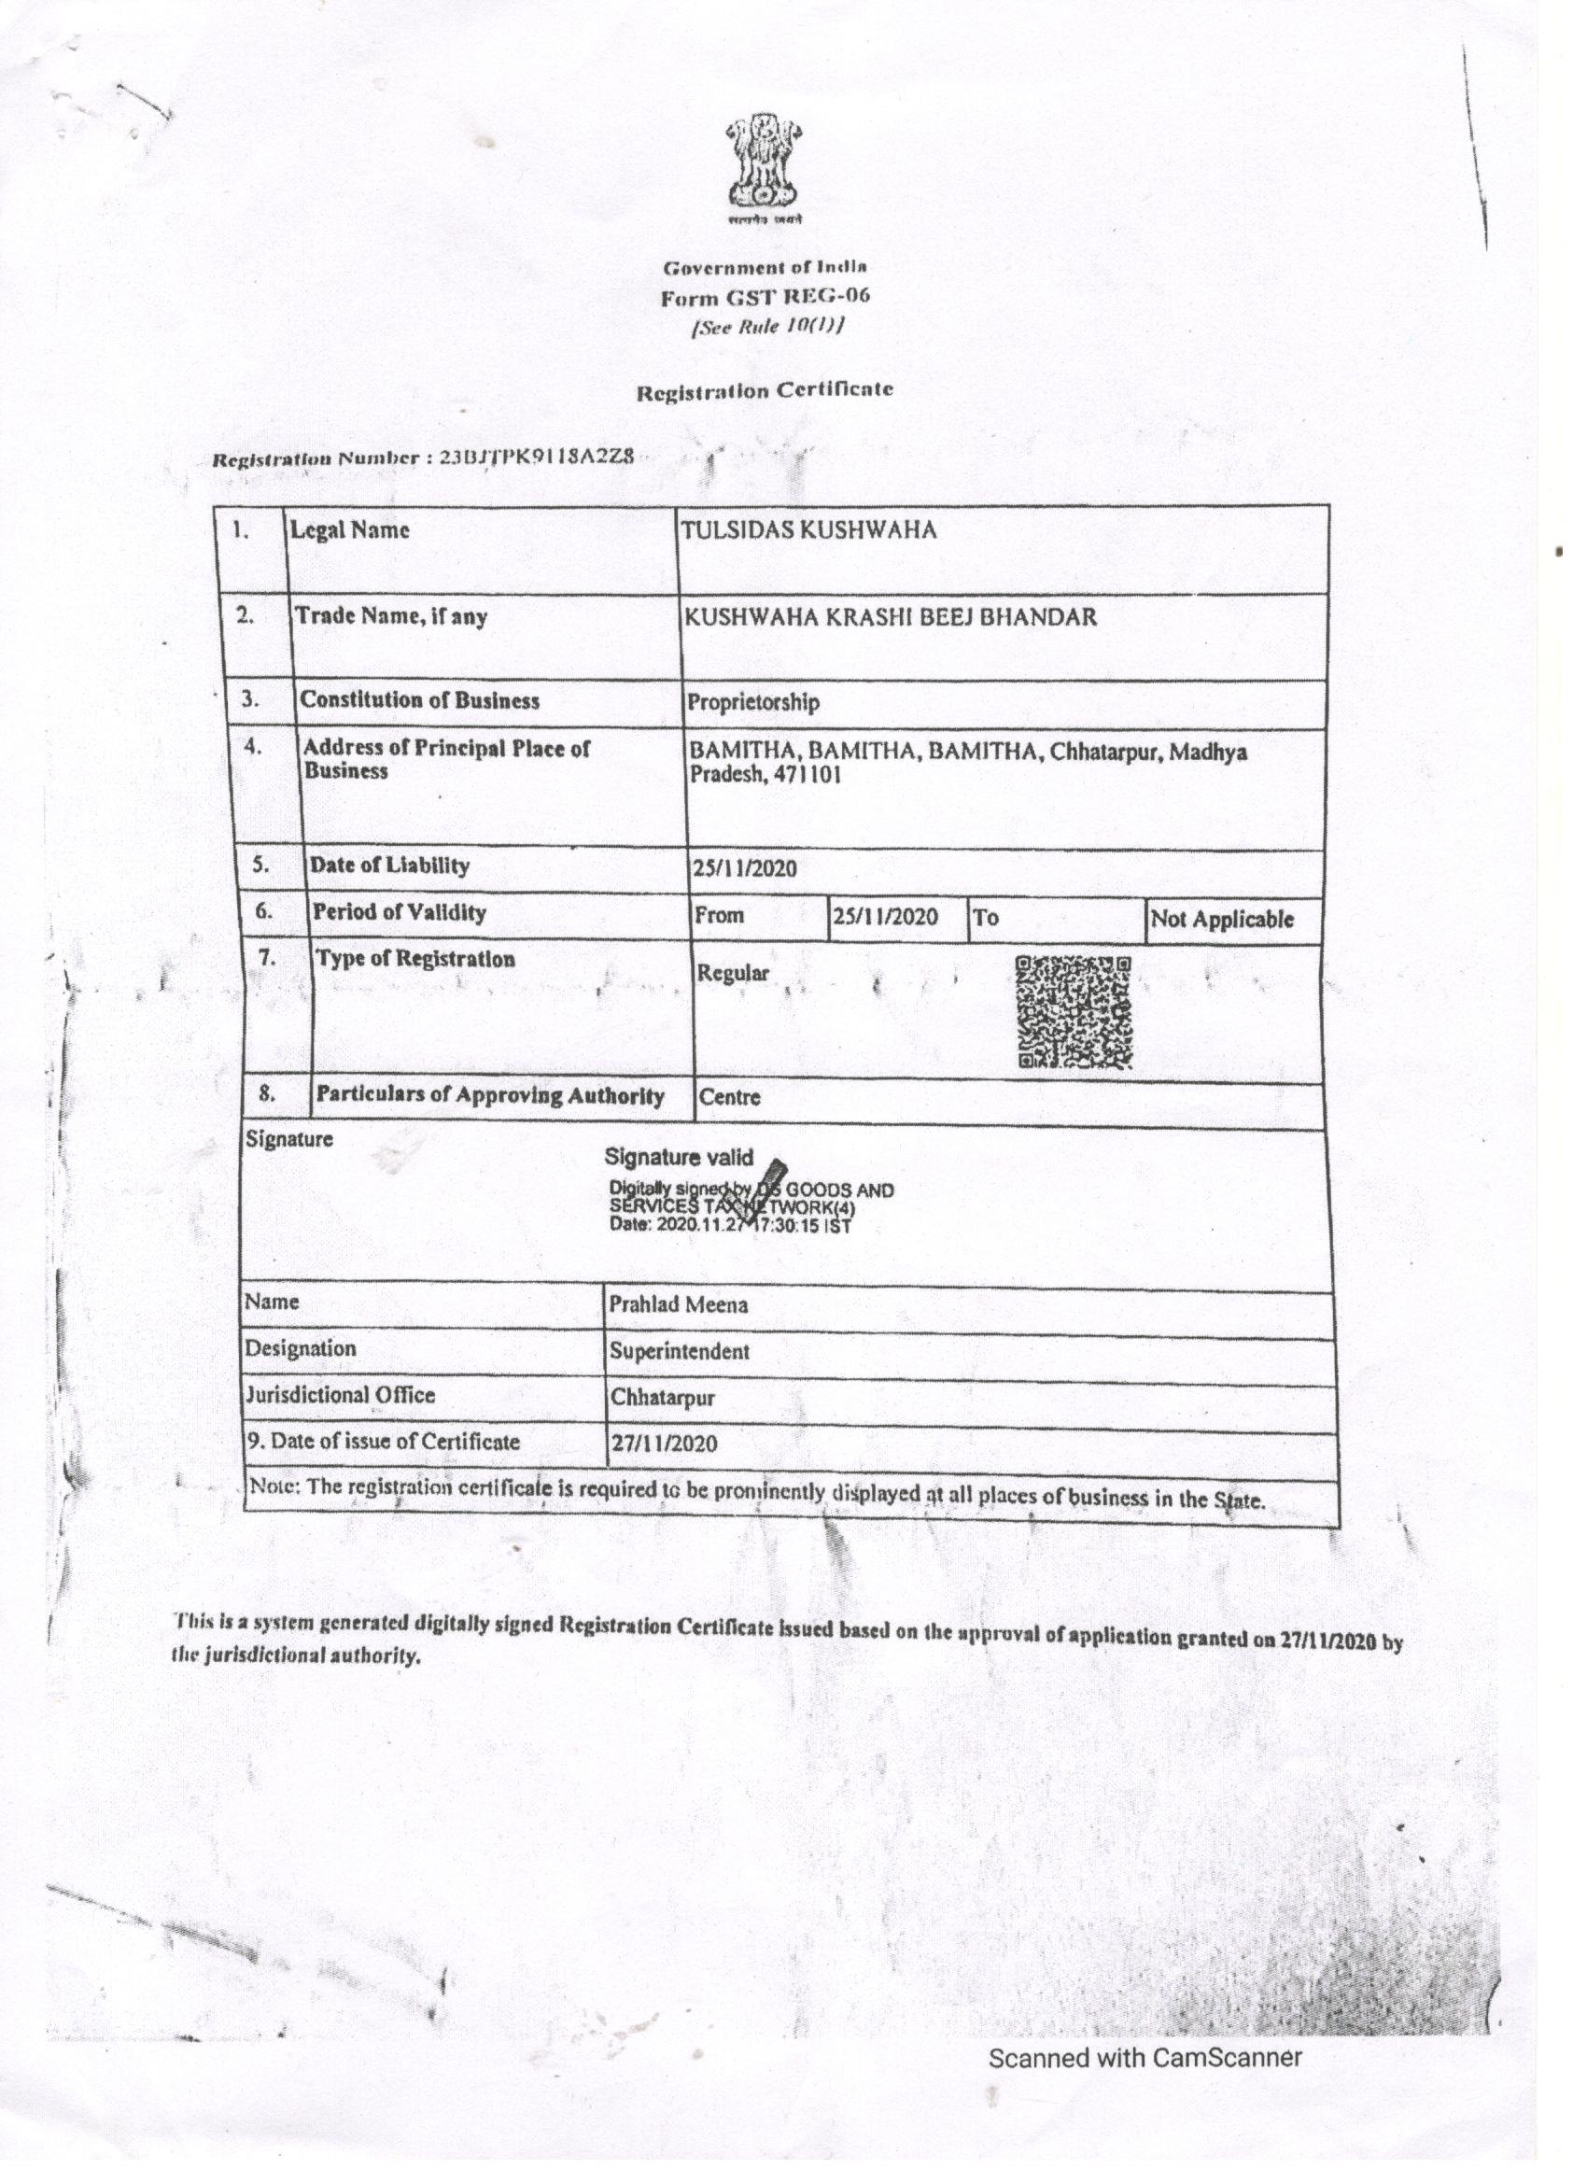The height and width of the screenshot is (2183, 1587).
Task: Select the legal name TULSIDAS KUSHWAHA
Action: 808,530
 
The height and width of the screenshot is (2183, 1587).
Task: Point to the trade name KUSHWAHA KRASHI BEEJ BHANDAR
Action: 890,617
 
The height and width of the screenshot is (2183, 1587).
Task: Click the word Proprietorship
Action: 752,703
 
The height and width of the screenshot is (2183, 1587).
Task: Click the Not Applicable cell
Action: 1221,919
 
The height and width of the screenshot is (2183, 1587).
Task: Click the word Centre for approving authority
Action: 729,1096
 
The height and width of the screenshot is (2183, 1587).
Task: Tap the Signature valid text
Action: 679,1158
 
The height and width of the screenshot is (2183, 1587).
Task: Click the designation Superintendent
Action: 679,1351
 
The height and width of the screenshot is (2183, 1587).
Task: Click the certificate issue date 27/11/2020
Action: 663,1444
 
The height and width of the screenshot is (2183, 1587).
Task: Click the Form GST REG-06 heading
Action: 765,297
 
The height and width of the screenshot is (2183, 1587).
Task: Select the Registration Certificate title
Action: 765,391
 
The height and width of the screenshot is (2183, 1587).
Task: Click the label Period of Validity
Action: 399,912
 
